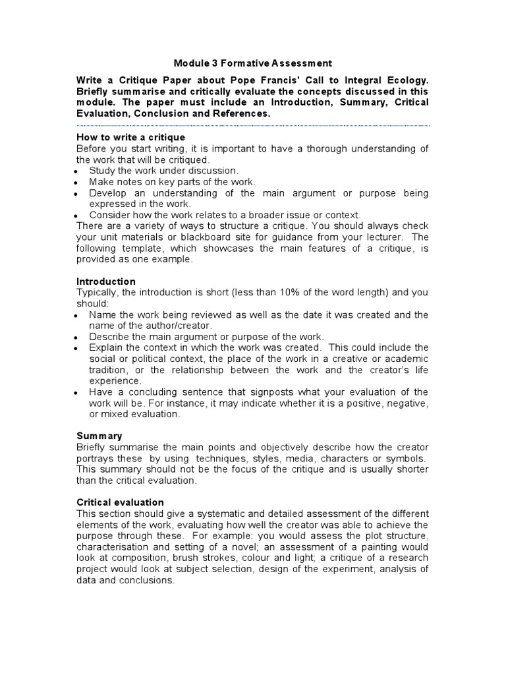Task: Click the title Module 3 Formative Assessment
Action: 253,63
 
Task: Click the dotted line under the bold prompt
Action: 253,125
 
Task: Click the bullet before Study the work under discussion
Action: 77,171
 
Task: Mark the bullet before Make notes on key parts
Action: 77,183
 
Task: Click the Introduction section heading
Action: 106,281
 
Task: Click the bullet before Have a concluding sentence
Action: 77,393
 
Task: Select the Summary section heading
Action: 99,436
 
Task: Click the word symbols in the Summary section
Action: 405,458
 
